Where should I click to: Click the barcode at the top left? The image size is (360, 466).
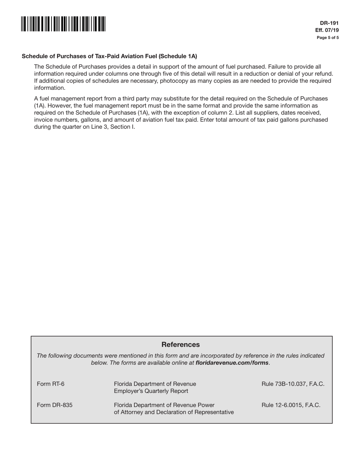point(63,24)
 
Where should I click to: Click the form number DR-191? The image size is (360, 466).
point(332,23)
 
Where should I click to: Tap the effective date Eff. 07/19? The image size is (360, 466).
point(327,30)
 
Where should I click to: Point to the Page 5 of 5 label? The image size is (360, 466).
point(328,38)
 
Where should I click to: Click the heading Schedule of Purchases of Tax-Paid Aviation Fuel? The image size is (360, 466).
point(109,56)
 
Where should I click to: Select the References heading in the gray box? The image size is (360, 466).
point(180,344)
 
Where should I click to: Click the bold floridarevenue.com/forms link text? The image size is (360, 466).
point(232,363)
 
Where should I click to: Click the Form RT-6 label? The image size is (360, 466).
point(50,384)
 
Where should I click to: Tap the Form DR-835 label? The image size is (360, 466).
point(55,405)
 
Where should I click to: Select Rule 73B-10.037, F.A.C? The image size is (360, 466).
point(293,384)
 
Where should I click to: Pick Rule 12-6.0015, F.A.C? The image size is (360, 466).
point(291,405)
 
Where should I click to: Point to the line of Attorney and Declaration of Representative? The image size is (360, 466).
point(174,412)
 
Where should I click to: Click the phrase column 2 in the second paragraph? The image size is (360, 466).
point(217,113)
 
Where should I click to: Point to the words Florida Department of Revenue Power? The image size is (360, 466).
point(164,405)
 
